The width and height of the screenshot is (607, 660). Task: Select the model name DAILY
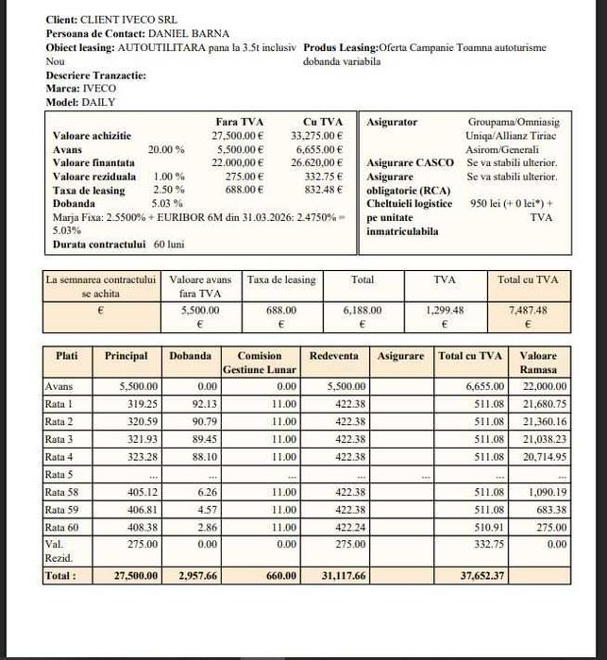pos(99,102)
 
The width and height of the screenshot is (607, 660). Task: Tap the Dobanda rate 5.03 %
pos(166,203)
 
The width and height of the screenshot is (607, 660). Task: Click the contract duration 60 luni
pos(169,244)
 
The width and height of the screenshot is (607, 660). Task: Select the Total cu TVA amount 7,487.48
pos(527,309)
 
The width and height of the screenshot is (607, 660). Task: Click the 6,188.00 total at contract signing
pos(362,309)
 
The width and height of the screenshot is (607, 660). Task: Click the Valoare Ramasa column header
pos(538,363)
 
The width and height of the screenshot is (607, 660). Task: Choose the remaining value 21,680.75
pos(546,403)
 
